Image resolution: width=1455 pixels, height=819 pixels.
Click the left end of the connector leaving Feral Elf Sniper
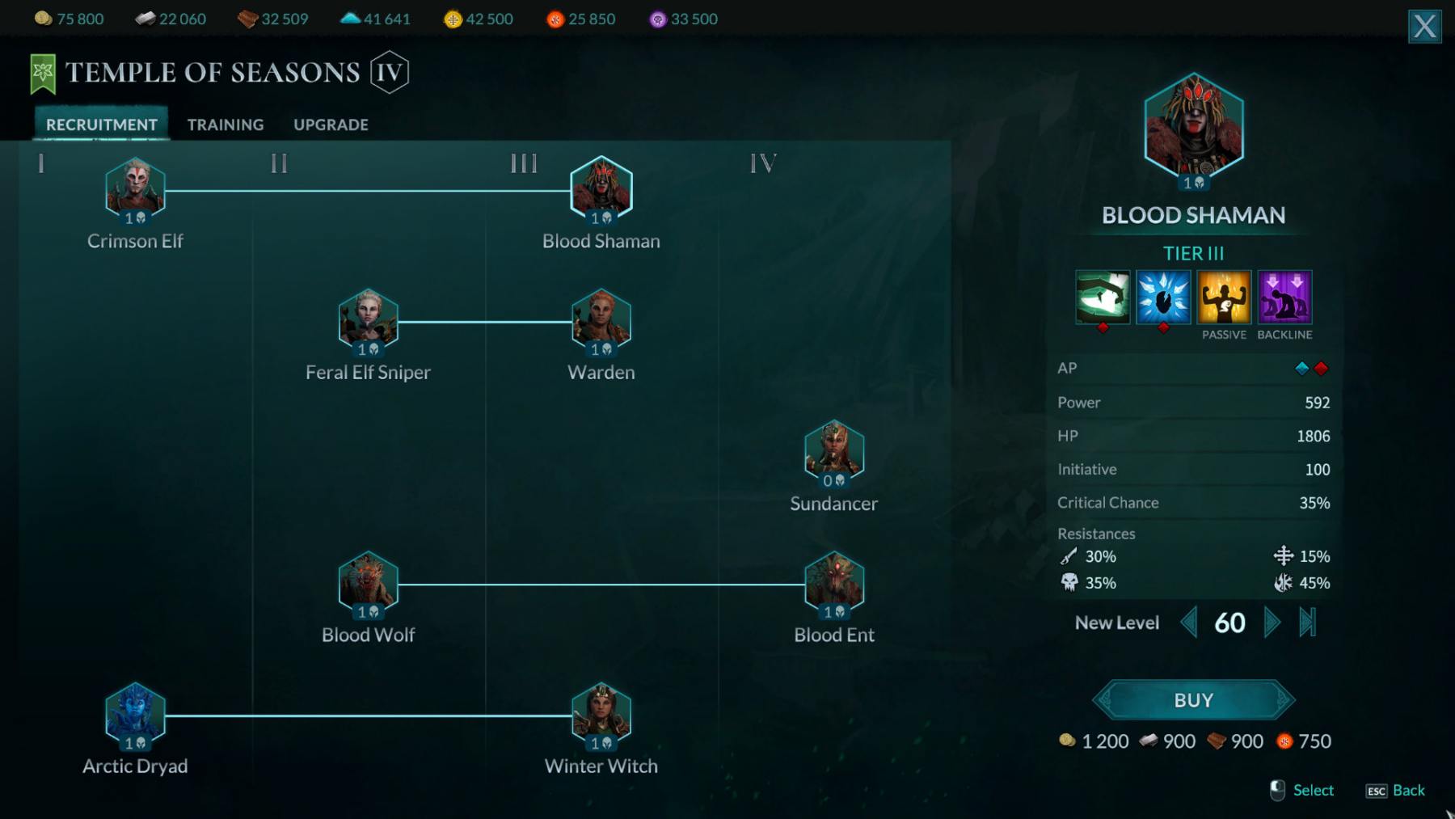[x=399, y=322]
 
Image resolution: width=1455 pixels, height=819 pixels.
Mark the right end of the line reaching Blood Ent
[x=805, y=584]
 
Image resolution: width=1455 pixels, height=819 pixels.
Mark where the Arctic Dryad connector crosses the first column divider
[x=253, y=716]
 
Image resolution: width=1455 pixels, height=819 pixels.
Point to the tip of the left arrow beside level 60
[x=1181, y=623]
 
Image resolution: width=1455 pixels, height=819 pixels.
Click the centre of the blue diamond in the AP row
[x=1301, y=369]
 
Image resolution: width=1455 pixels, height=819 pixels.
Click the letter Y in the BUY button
[x=1206, y=700]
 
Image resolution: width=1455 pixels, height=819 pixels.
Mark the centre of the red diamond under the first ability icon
[x=1103, y=327]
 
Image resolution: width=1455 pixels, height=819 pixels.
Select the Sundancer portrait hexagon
[x=834, y=450]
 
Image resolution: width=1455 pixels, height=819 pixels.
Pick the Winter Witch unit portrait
[x=601, y=713]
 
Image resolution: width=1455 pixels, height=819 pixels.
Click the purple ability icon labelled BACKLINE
[x=1284, y=297]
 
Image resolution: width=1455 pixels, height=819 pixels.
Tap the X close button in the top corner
[x=1424, y=27]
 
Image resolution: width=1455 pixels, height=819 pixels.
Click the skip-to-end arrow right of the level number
[x=1308, y=623]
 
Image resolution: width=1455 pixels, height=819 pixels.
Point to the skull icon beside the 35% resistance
[x=1069, y=582]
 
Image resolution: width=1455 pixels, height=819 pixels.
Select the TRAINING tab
[x=226, y=125]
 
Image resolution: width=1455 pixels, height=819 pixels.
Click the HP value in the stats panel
[x=1313, y=436]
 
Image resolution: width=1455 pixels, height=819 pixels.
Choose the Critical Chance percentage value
[x=1314, y=503]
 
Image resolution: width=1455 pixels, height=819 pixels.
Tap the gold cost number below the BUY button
[x=1105, y=741]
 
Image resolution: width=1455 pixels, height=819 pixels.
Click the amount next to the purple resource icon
[x=694, y=19]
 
